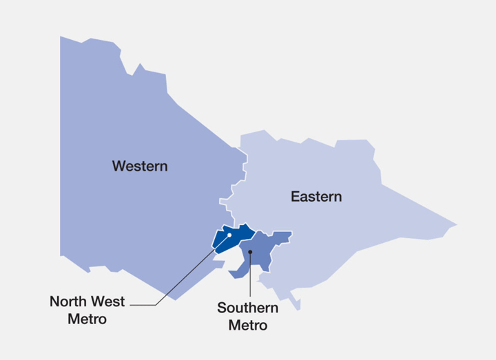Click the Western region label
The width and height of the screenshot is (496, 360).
[140, 166]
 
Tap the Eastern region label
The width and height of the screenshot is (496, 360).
[316, 197]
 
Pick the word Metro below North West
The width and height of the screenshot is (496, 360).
[87, 319]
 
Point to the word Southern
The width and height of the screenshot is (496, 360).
[247, 308]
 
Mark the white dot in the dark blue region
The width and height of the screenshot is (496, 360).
[229, 235]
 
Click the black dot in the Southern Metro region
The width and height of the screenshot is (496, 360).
[251, 252]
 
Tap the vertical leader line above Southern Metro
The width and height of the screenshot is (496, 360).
[251, 275]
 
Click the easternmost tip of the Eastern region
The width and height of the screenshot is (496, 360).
[456, 224]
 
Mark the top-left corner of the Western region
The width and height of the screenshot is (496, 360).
[61, 36]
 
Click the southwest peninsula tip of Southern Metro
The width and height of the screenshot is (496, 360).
[231, 276]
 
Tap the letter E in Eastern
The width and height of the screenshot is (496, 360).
[294, 197]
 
